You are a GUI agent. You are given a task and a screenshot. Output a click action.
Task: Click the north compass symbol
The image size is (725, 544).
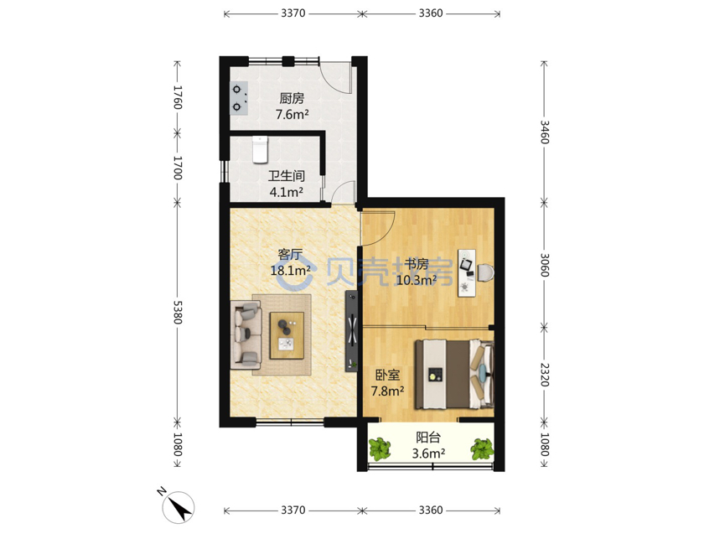[x=178, y=507]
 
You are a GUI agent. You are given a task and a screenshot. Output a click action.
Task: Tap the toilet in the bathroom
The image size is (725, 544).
[x=261, y=149]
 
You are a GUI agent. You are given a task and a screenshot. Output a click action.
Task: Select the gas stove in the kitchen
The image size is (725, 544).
[x=239, y=98]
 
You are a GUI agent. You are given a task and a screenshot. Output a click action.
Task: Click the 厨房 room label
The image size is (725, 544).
[x=292, y=99]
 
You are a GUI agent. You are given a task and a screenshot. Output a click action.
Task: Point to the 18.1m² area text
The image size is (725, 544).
[x=290, y=270]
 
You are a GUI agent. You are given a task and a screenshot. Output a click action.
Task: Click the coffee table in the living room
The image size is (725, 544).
[x=287, y=335]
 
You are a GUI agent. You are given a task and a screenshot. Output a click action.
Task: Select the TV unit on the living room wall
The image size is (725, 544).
[x=351, y=331]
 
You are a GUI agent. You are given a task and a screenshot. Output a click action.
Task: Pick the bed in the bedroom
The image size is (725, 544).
[x=454, y=375]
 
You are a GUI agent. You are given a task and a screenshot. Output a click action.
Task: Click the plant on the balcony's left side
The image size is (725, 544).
[x=380, y=448]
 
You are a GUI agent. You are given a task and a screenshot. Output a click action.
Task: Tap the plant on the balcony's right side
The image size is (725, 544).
[x=482, y=448]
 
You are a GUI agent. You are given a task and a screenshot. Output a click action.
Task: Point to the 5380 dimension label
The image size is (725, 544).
[x=178, y=313]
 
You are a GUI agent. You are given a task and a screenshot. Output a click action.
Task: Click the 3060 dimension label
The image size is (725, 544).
[x=545, y=265]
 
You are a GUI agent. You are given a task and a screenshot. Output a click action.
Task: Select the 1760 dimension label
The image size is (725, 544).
[x=178, y=97]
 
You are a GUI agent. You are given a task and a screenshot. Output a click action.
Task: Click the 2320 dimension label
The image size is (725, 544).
[x=545, y=375]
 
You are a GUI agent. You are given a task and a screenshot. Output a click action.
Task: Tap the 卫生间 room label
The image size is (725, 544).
[x=287, y=176]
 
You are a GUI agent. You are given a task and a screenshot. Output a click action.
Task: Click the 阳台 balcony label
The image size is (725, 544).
[x=428, y=438]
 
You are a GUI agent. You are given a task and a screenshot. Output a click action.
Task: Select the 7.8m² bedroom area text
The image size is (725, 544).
[x=387, y=391]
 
